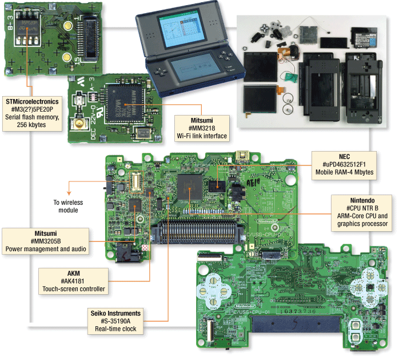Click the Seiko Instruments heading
(x=114, y=314)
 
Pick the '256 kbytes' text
(x=33, y=126)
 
